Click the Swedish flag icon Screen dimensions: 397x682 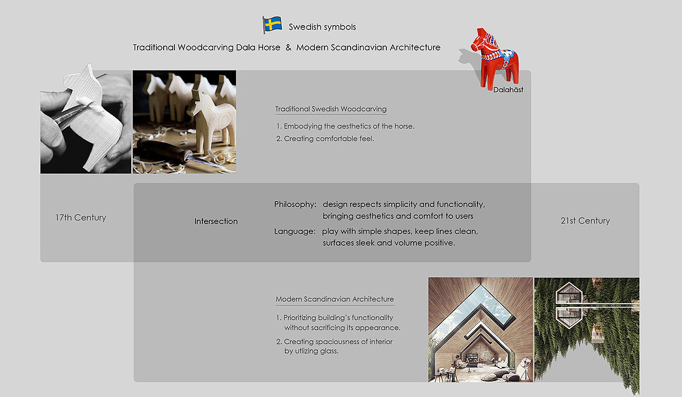tap(272, 24)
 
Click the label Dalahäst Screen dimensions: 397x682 tap(508, 90)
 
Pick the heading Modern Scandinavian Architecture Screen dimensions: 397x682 tap(334, 299)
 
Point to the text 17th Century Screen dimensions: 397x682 tap(81, 218)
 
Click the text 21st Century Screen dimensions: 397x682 tap(585, 221)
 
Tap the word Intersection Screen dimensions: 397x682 tap(216, 221)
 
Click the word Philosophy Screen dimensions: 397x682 tap(294, 204)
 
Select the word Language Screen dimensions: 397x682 tap(294, 231)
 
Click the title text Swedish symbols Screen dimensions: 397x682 tap(322, 27)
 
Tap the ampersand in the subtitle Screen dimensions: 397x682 tap(288, 48)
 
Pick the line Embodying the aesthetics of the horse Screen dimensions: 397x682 tap(349, 126)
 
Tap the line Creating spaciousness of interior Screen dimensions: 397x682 tap(338, 342)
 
